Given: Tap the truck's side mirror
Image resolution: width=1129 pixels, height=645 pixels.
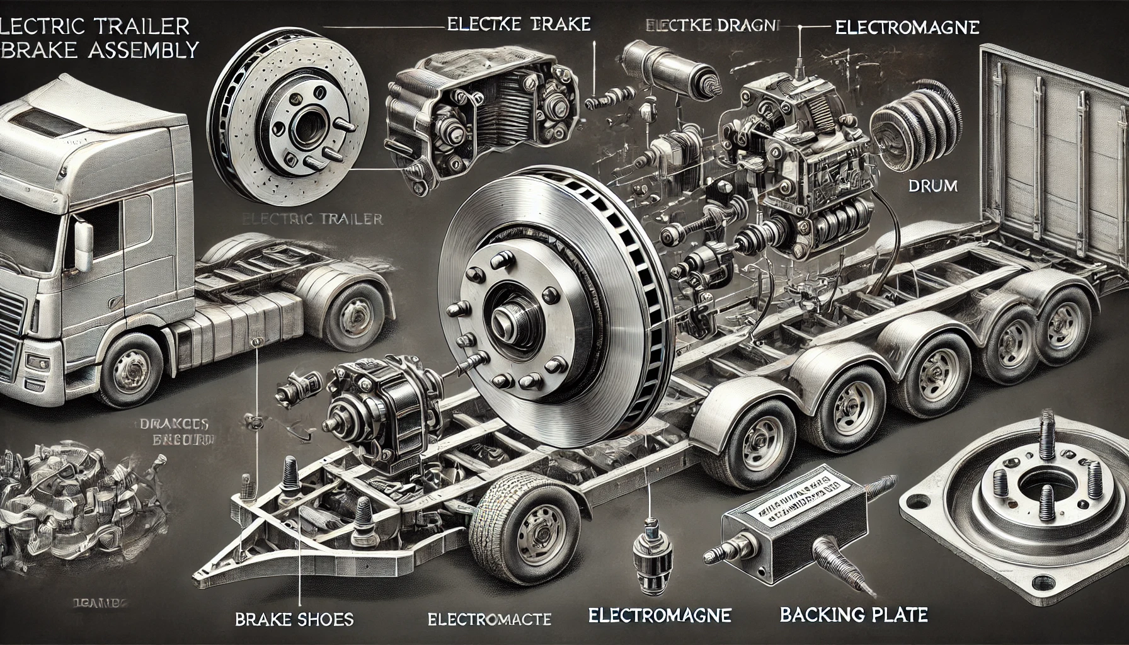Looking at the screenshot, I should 84,239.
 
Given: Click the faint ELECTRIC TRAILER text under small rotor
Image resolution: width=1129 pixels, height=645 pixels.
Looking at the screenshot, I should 312,219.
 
